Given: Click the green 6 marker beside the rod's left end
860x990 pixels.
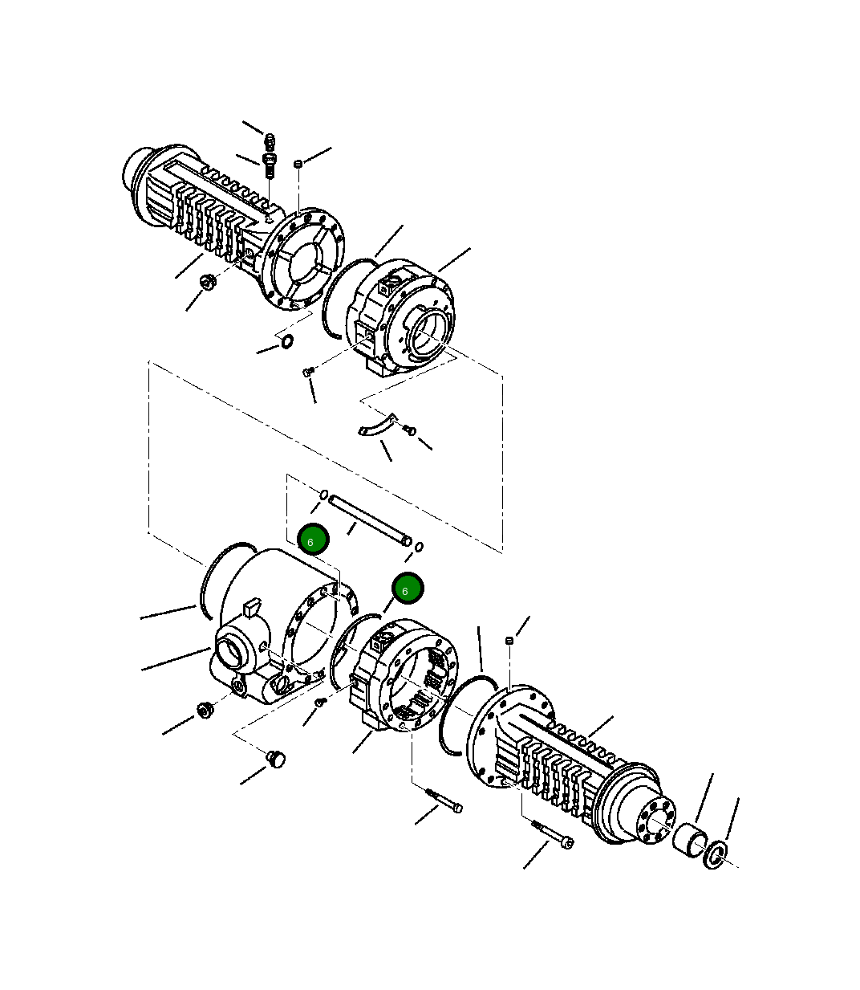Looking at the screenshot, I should point(312,540).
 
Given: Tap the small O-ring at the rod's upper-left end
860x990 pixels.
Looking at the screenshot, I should point(324,494).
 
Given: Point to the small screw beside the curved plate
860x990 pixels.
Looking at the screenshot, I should point(410,431).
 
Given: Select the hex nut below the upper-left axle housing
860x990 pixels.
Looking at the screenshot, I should point(206,282).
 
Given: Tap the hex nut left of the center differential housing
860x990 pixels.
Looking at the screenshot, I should point(204,711).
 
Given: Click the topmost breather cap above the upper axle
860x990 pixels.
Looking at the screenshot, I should point(270,141).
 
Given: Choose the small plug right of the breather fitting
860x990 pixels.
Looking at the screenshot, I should point(298,164).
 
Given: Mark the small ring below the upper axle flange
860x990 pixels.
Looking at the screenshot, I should point(286,344).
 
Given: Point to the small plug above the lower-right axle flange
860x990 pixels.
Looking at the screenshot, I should point(508,640).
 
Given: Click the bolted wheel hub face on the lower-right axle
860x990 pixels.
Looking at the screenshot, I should point(657,820).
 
